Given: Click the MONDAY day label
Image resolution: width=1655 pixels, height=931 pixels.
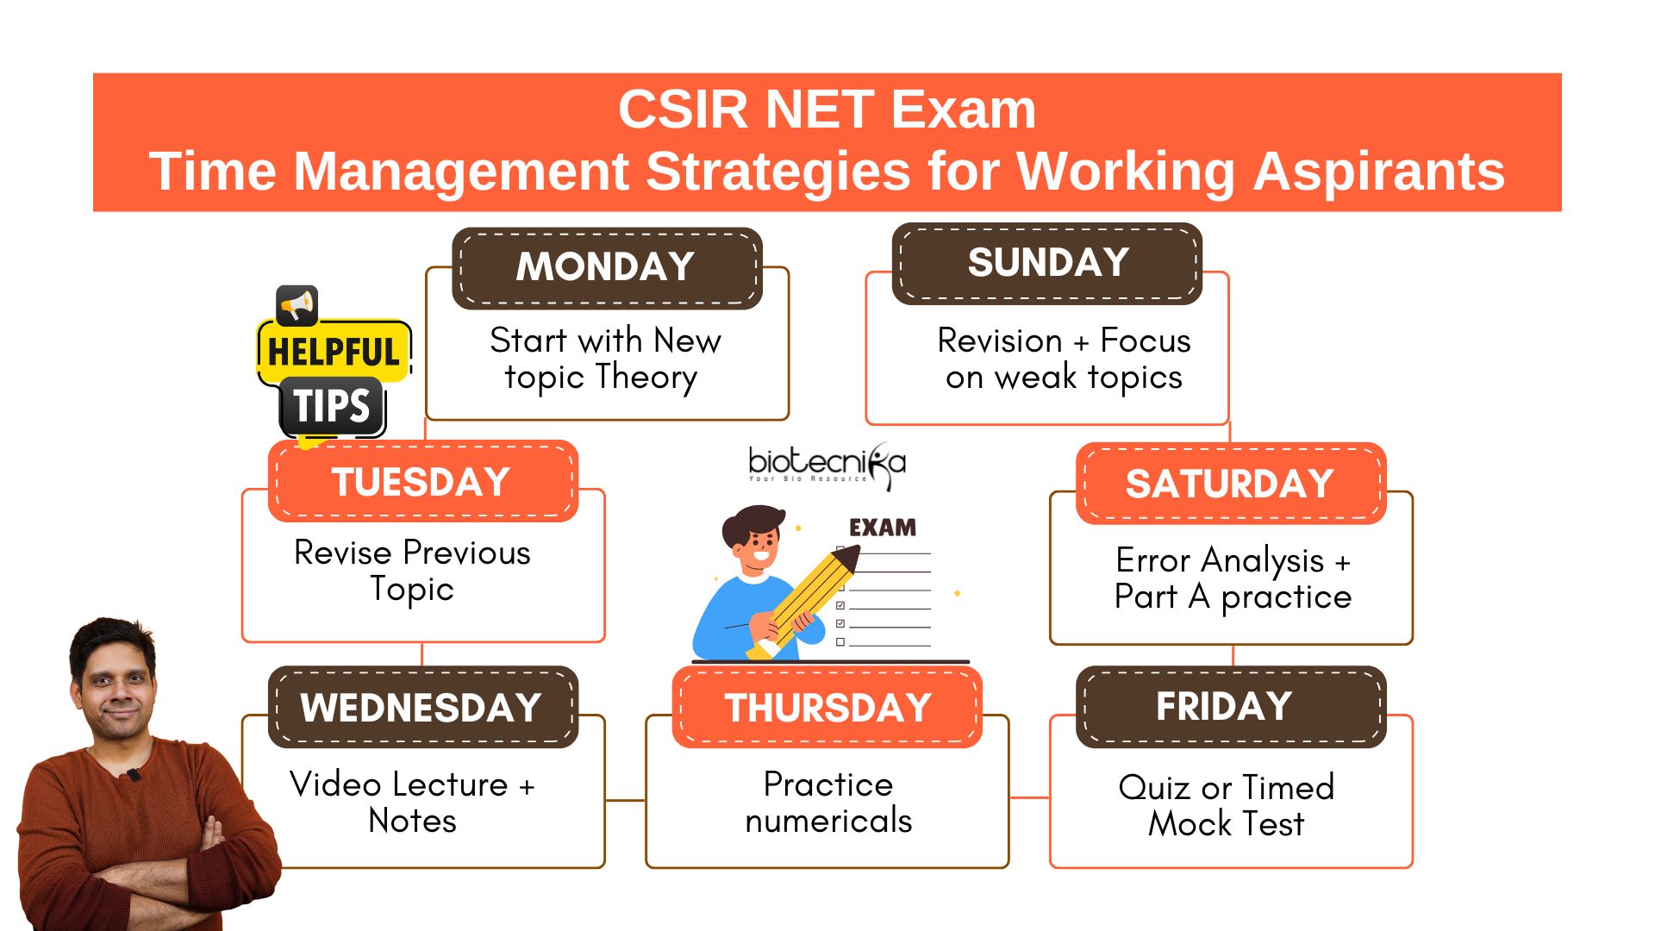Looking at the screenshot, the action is [x=607, y=267].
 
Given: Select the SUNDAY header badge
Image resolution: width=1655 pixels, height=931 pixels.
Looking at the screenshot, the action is [x=1047, y=263].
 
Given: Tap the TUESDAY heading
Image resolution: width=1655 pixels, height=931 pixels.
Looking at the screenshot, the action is [x=423, y=481].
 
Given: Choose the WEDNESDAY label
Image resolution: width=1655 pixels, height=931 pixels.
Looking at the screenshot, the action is [x=423, y=707].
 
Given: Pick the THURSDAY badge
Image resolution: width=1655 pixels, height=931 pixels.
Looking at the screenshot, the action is [x=827, y=707].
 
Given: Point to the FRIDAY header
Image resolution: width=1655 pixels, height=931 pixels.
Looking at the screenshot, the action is [x=1231, y=707].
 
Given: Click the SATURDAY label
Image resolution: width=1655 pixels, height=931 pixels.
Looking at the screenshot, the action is [x=1231, y=484].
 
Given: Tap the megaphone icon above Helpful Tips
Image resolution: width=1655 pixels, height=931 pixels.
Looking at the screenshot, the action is [x=297, y=305].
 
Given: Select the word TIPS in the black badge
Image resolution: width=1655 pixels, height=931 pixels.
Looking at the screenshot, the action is [x=332, y=405].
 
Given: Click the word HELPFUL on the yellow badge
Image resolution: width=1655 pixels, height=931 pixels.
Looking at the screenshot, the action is [x=334, y=352].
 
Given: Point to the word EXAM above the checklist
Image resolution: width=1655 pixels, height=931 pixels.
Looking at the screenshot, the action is [x=883, y=528].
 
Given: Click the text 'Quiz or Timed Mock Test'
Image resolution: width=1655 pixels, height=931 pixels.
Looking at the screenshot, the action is [x=1227, y=805].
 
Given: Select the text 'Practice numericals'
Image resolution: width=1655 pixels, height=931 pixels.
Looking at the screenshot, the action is [x=828, y=802].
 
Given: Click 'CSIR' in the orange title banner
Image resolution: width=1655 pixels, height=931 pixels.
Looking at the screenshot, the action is [x=683, y=109].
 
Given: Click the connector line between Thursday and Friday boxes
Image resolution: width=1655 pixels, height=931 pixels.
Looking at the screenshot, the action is [x=1029, y=797].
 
